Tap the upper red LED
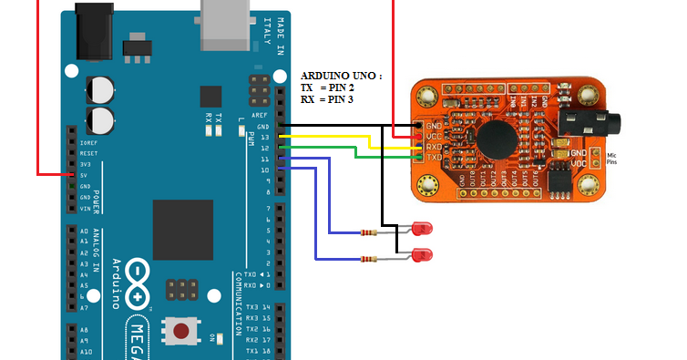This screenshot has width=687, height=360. coord(422,228)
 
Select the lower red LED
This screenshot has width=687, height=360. coord(421,254)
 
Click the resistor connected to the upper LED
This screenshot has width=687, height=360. coord(368,232)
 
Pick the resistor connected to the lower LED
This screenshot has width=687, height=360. coord(368,260)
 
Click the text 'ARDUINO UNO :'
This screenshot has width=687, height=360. coord(341,76)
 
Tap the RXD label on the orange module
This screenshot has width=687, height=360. coord(433,146)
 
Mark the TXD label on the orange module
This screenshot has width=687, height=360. coord(433,158)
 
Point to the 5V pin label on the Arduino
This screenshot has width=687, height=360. coord(86,176)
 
